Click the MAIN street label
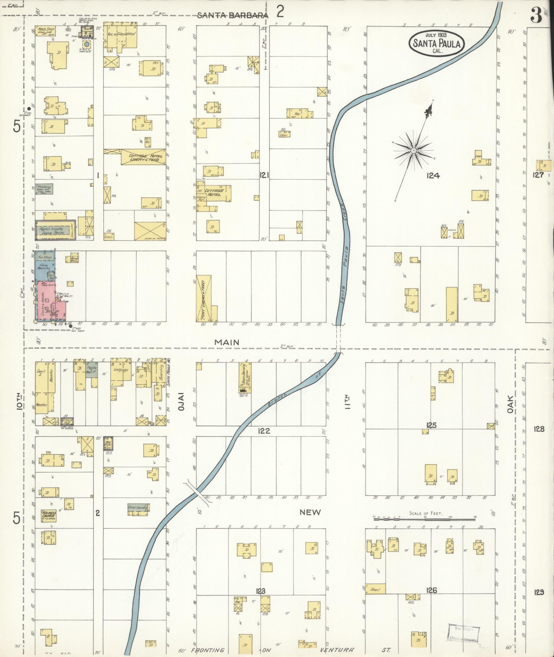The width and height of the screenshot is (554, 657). pyautogui.click(x=226, y=342)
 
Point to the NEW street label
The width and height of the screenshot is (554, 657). pyautogui.click(x=310, y=512)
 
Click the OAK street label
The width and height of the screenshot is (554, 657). pyautogui.click(x=510, y=404)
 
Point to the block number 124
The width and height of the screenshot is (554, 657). pyautogui.click(x=433, y=175)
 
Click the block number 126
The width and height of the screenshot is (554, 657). pyautogui.click(x=431, y=590)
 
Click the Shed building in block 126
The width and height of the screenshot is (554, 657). pyautogui.click(x=375, y=590)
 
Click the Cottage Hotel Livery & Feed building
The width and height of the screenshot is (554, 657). pyautogui.click(x=143, y=158)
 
